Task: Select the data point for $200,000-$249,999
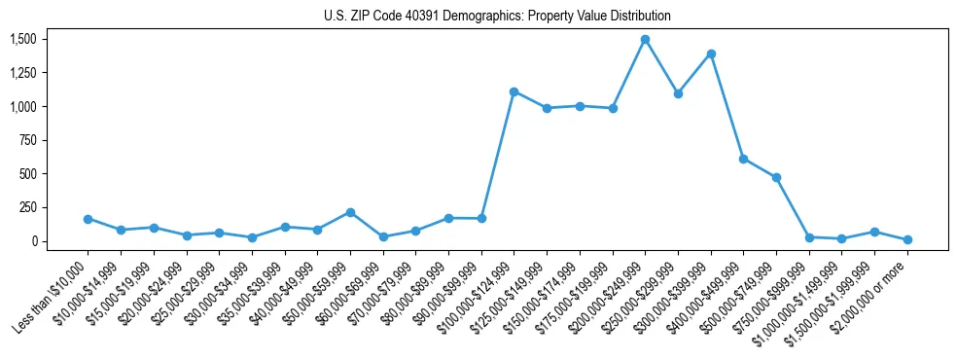[645, 40]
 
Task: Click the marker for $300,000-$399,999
[711, 54]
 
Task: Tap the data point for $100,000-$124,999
[514, 91]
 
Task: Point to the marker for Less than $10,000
[89, 219]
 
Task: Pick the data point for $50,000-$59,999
[350, 212]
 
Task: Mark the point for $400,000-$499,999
[743, 159]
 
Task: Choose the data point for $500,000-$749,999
[776, 177]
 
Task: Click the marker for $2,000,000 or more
[907, 239]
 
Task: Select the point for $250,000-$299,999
[678, 93]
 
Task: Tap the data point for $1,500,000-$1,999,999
[874, 232]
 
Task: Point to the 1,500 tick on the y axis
[22, 39]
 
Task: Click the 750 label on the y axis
[26, 140]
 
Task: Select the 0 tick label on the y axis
[32, 241]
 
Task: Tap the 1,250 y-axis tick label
[22, 73]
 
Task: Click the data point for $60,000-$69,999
[383, 236]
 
